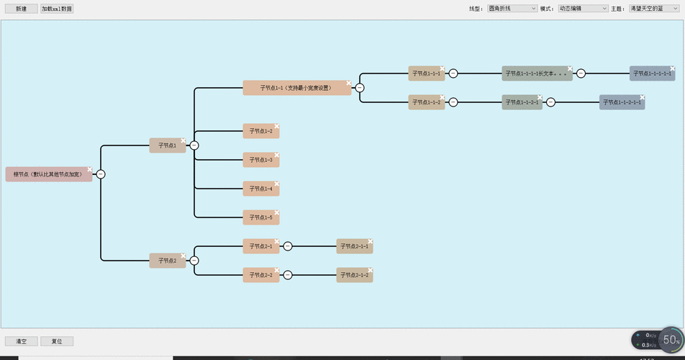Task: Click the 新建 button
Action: (21, 9)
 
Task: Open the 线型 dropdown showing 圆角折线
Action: (512, 9)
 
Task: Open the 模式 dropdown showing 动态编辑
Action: (584, 9)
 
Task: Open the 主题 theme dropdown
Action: (653, 9)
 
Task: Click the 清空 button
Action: (21, 341)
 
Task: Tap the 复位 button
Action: (57, 341)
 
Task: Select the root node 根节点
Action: (47, 174)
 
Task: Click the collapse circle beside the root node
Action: (101, 174)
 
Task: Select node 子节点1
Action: (167, 145)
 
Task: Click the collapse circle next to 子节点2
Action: (194, 261)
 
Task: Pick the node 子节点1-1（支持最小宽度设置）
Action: (296, 88)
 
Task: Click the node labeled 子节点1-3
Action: (260, 160)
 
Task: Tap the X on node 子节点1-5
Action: (276, 212)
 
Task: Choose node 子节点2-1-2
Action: (354, 275)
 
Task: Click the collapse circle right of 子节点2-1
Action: (288, 246)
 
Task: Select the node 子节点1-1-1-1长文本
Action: (536, 73)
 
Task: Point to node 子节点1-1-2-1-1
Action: (622, 102)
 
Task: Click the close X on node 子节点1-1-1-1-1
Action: (673, 68)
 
